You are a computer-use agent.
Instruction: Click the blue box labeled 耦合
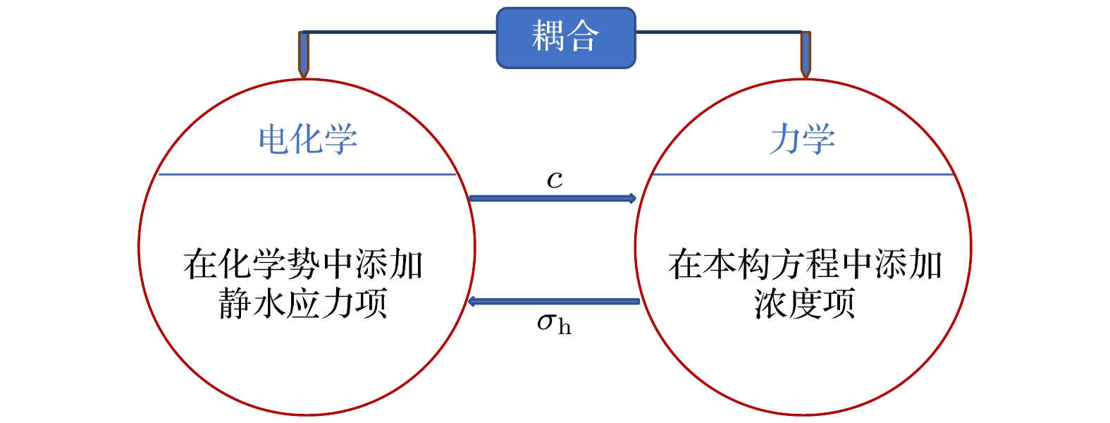pyautogui.click(x=566, y=38)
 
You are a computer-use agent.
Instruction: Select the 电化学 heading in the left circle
pyautogui.click(x=308, y=139)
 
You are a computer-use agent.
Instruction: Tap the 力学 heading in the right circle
pyautogui.click(x=802, y=139)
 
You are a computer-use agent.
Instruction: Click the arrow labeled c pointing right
pyautogui.click(x=553, y=198)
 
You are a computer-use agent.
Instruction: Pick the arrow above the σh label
pyautogui.click(x=554, y=302)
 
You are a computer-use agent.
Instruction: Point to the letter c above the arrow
pyautogui.click(x=555, y=180)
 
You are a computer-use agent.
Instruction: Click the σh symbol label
pyautogui.click(x=554, y=324)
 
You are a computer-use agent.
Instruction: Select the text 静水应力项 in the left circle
pyautogui.click(x=303, y=304)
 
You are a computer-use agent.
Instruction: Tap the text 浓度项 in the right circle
pyautogui.click(x=804, y=304)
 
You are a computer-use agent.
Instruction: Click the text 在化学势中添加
pyautogui.click(x=303, y=265)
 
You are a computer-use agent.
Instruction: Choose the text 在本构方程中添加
pyautogui.click(x=805, y=265)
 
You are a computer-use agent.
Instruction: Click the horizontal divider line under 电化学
pyautogui.click(x=308, y=174)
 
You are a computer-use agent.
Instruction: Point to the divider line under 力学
pyautogui.click(x=802, y=174)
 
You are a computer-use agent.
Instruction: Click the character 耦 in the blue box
pyautogui.click(x=548, y=36)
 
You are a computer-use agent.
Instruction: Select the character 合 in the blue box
pyautogui.click(x=584, y=36)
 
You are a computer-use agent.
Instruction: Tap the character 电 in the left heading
pyautogui.click(x=273, y=139)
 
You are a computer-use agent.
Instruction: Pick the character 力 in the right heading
pyautogui.click(x=784, y=139)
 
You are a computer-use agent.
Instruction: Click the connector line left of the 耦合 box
pyautogui.click(x=402, y=32)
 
